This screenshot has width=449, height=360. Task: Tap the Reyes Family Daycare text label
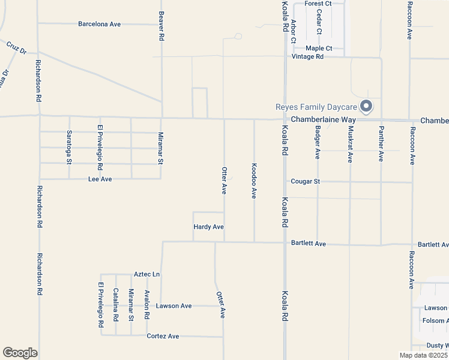pos(316,107)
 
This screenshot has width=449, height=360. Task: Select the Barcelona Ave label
pos(100,24)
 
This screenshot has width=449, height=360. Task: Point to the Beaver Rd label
pos(161,25)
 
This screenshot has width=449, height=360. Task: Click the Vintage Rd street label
pos(307,56)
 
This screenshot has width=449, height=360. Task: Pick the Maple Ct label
pos(319,48)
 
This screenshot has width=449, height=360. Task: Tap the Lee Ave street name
pos(100,179)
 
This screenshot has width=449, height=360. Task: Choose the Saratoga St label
pos(69,147)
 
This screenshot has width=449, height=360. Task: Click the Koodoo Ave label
pos(255,181)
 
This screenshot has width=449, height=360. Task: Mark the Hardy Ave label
pos(208,227)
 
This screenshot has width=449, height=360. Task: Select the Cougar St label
pos(306,181)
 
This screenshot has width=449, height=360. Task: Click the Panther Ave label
pos(381,145)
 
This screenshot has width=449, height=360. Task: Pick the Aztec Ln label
pos(147,274)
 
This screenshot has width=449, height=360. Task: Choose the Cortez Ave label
pos(163,336)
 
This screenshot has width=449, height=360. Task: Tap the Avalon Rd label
pos(147,304)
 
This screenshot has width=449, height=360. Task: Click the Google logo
pos(20,353)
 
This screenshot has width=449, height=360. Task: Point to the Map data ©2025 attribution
pos(423,355)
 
